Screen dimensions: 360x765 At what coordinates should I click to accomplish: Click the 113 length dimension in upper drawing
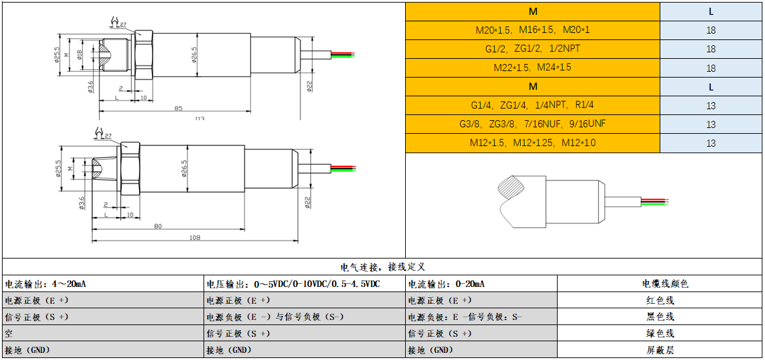(199, 118)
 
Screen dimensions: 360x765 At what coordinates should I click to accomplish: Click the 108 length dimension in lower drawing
(194, 237)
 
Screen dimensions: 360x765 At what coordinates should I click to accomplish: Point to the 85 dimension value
(178, 108)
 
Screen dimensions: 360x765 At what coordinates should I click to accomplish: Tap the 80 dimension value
(158, 226)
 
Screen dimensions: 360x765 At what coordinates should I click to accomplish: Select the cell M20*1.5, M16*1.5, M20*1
(532, 30)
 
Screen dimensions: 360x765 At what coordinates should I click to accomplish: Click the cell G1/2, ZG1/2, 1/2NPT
(532, 49)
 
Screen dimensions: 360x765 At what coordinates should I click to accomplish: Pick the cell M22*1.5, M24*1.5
(532, 68)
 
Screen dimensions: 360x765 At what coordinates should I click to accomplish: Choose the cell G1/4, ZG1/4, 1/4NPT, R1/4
(532, 105)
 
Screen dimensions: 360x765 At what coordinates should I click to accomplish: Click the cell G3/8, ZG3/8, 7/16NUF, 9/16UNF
(532, 124)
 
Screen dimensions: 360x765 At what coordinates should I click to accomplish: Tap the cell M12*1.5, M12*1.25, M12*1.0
(532, 143)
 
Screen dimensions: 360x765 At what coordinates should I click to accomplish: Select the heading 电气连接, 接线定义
(382, 266)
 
